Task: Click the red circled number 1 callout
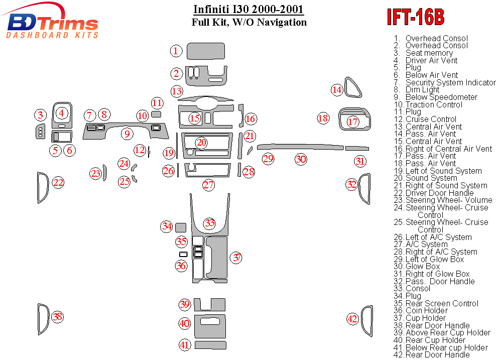pos(176,51)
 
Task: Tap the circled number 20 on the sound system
pos(201,143)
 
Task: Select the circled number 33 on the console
pos(209,223)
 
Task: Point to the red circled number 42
pos(352,318)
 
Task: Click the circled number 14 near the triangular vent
pos(337,90)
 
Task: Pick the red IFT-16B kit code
pos(415,17)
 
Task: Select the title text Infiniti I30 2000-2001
pos(248,10)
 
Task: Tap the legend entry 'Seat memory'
pos(429,53)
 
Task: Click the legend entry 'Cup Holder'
pos(425,318)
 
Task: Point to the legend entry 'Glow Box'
pos(422,266)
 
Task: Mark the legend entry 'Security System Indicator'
pos(450,82)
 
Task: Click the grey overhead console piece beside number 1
pos(206,51)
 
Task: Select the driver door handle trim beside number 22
pos(42,188)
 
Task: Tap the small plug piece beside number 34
pos(181,227)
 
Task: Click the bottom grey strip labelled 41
pos(210,344)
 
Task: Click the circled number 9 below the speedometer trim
pos(128,134)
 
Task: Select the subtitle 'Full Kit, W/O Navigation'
pos(249,22)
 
